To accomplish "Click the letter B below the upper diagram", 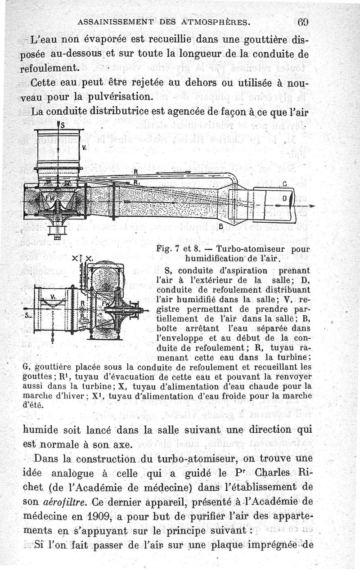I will pyautogui.click(x=221, y=226).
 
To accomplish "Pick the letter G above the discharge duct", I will pyautogui.click(x=284, y=184).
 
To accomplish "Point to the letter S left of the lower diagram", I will pyautogui.click(x=27, y=315).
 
